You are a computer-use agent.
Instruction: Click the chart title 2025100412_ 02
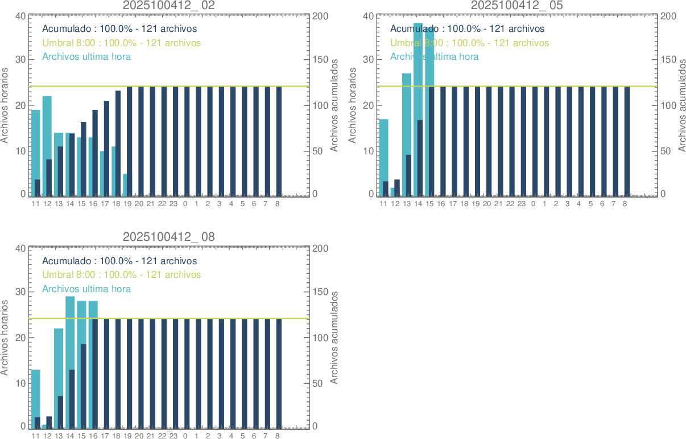click(x=169, y=5)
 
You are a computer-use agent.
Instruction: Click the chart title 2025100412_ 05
click(x=516, y=5)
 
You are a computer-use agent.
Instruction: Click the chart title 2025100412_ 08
click(x=169, y=237)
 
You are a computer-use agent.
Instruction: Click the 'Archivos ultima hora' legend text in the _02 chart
click(x=86, y=56)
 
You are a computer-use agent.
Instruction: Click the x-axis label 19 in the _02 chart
click(x=127, y=203)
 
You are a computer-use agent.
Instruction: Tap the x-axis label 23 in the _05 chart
click(x=521, y=203)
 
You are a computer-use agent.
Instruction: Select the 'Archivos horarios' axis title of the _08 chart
click(x=5, y=337)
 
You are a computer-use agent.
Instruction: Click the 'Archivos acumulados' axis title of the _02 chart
click(x=334, y=105)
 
